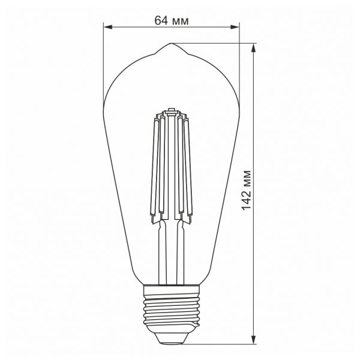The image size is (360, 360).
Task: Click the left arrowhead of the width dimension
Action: tap(107, 27)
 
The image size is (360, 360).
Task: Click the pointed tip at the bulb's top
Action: tap(170, 44)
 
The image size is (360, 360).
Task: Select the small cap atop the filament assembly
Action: tap(170, 110)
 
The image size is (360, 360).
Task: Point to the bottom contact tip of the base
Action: tap(170, 340)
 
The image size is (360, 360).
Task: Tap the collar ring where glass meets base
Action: tap(170, 286)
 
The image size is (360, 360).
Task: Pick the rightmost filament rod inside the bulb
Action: tap(192, 168)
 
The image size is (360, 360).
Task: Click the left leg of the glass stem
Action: tap(161, 252)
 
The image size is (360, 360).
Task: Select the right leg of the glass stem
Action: tap(180, 252)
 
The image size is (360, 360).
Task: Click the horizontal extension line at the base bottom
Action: tap(222, 343)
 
